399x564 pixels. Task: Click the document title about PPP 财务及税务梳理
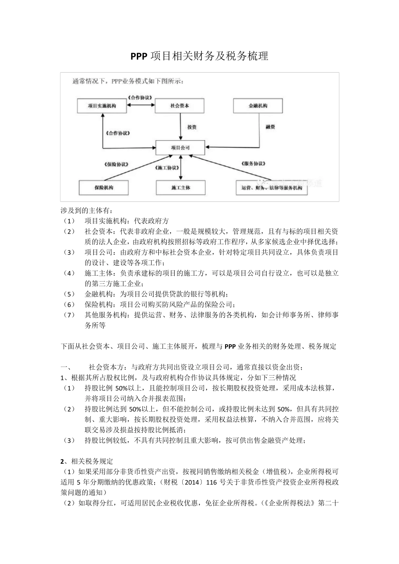(x=199, y=56)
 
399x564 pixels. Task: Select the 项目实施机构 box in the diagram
(x=102, y=106)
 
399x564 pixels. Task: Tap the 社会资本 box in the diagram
(x=180, y=106)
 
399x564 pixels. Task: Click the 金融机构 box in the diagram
(x=258, y=106)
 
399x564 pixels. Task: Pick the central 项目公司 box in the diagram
(x=181, y=148)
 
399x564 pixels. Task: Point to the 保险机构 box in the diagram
(x=104, y=188)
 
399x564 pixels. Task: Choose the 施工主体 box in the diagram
(x=181, y=188)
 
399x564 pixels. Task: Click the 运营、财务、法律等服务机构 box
(x=272, y=188)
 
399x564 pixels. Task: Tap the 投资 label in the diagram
(x=192, y=127)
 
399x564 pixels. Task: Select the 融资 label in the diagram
(x=270, y=127)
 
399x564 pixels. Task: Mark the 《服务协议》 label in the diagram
(x=254, y=164)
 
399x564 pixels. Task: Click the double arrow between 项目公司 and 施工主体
(x=181, y=168)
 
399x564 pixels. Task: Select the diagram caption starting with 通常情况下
(x=128, y=81)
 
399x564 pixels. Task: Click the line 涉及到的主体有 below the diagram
(x=87, y=210)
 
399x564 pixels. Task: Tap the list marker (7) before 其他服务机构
(x=68, y=315)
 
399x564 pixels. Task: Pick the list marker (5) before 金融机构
(x=68, y=294)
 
